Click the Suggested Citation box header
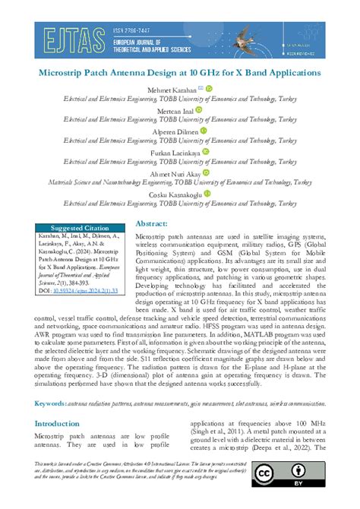tap(80, 228)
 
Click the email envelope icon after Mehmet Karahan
tap(200, 89)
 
